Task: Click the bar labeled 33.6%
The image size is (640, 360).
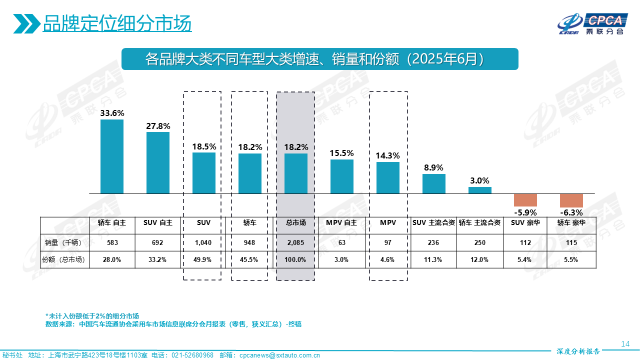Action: click(x=112, y=156)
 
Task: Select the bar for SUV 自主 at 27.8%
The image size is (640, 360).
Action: click(x=158, y=162)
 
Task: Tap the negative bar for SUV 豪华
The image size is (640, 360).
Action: click(x=525, y=200)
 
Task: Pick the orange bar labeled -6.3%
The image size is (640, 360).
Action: click(x=571, y=200)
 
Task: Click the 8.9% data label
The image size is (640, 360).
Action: click(x=433, y=167)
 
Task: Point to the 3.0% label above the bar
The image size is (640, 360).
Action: click(x=479, y=180)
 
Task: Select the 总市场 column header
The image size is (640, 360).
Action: click(x=296, y=222)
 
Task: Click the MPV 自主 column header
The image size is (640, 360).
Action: click(x=341, y=222)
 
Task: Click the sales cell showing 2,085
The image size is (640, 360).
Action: click(x=296, y=242)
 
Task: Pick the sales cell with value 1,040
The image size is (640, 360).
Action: click(x=204, y=242)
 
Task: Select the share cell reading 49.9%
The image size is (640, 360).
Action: click(x=204, y=259)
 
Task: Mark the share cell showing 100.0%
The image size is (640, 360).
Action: click(x=296, y=259)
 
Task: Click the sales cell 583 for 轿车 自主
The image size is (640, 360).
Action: click(x=112, y=242)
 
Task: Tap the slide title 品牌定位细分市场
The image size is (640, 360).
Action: click(x=117, y=23)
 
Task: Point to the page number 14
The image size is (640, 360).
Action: click(x=624, y=343)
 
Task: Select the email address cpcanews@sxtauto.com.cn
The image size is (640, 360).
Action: click(x=279, y=355)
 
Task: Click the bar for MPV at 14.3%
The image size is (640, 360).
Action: click(x=388, y=177)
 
